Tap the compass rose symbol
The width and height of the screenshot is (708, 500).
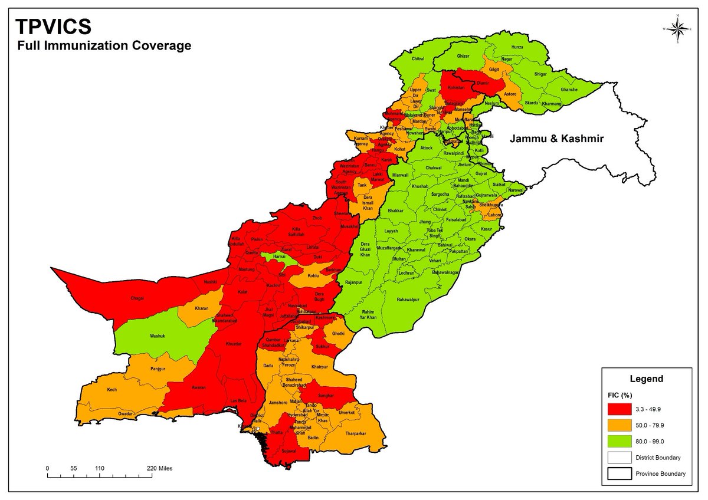click(x=677, y=28)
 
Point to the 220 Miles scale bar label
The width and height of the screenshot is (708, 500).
click(x=160, y=468)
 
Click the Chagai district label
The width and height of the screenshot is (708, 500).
click(x=136, y=298)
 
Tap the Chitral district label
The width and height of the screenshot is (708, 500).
click(x=418, y=59)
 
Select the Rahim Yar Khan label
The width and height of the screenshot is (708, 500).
click(x=368, y=314)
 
